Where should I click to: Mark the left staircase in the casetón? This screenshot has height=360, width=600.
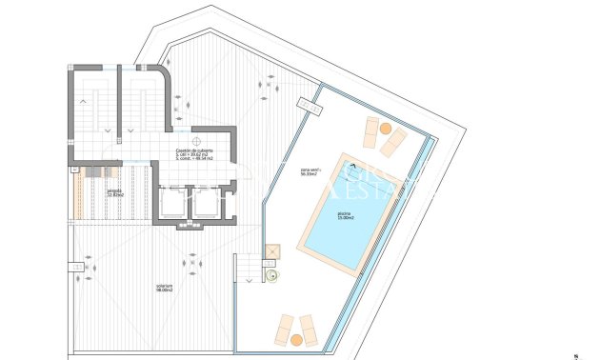[91, 109]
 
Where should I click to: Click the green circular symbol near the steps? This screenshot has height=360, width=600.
[272, 277]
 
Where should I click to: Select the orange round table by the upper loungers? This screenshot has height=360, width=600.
[385, 129]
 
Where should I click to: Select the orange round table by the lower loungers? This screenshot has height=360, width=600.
[296, 339]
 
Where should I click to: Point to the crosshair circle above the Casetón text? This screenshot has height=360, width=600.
[197, 134]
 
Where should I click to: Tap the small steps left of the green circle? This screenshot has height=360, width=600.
[249, 270]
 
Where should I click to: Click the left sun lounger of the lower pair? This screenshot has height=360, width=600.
[284, 328]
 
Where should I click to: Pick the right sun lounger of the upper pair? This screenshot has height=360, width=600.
[393, 143]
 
